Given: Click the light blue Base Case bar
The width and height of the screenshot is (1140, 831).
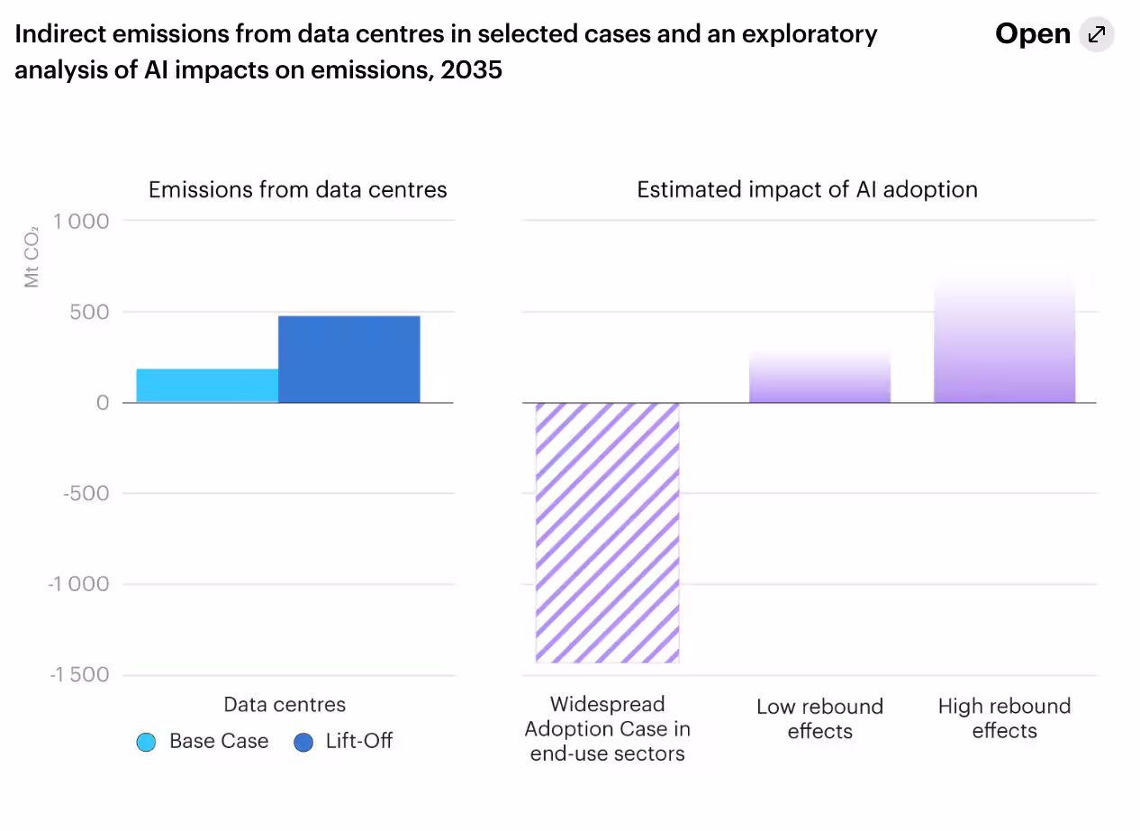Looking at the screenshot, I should coord(207,386).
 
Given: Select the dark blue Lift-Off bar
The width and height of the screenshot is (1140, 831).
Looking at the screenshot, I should coord(348,360).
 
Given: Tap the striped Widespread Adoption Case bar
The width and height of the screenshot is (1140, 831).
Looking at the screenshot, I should coord(607,532).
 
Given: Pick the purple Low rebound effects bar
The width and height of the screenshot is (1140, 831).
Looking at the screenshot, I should coord(819,379).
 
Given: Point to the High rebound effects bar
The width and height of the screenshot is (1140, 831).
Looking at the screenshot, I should coord(1004,342).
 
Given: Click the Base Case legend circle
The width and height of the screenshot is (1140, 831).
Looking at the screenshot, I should coord(146,742).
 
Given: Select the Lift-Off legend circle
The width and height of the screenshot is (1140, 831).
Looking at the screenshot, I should coord(303,742).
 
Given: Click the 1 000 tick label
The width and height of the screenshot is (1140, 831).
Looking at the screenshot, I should coord(81,221).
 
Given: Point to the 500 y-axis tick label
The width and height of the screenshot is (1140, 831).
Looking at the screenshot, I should coord(90,312).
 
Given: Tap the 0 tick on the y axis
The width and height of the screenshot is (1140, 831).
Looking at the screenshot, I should coord(102,403).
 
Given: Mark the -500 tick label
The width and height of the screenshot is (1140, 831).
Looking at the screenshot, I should coord(86,493).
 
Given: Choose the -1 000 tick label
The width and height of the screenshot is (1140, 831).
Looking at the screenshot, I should coord(78,584).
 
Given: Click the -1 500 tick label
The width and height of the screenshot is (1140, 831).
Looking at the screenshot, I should coord(78,675).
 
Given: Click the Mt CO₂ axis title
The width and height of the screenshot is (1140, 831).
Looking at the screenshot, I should coord(32,257).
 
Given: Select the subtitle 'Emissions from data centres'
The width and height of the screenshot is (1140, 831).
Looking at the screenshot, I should coord(297,190).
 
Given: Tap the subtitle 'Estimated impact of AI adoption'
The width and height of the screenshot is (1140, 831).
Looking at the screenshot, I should coord(807,190).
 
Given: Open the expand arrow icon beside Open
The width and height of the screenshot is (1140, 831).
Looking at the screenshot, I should coord(1097,34).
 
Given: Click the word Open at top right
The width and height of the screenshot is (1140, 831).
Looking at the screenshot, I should coord(1032,34).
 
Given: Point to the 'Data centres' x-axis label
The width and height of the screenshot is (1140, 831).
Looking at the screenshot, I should coord(285,705).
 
